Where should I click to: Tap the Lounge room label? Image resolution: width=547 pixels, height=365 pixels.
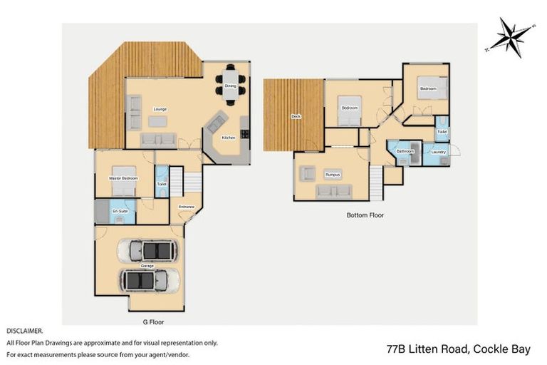(160, 109)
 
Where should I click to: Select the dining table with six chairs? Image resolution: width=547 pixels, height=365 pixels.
(230, 86)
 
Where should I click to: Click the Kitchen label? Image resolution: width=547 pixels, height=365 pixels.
(228, 138)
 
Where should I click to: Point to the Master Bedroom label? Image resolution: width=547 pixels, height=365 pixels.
(123, 178)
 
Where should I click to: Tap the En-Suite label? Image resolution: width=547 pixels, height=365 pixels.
(120, 211)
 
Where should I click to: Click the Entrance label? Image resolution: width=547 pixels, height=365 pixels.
(186, 207)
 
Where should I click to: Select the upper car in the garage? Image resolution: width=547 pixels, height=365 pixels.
(152, 250)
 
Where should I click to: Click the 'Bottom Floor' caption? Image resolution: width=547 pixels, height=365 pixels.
(365, 215)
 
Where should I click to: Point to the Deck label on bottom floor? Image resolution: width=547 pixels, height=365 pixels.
(296, 116)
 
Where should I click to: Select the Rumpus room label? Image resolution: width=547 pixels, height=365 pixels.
(332, 174)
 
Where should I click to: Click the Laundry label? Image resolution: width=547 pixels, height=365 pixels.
(438, 151)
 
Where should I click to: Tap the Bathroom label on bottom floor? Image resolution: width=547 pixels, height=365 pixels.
(405, 151)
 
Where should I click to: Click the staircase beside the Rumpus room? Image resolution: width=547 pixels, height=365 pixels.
(376, 181)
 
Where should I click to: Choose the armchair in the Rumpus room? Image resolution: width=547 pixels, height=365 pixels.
(308, 173)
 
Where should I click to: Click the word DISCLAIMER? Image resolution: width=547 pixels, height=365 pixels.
(24, 331)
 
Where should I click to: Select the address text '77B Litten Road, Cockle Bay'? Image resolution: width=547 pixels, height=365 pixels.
(458, 349)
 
